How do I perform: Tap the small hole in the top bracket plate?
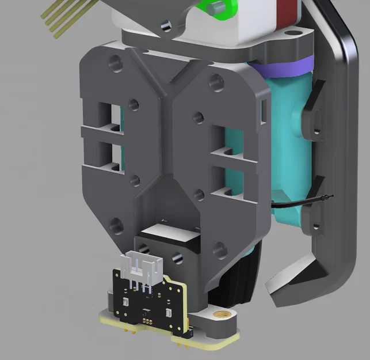(x=167, y=25)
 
